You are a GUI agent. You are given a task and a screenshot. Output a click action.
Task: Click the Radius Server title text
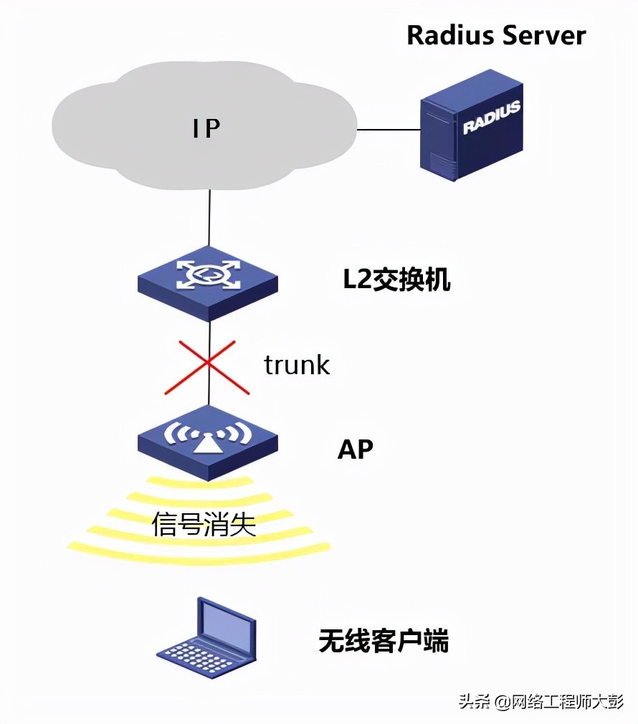(x=496, y=35)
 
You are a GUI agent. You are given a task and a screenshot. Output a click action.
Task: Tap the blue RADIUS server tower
(x=470, y=125)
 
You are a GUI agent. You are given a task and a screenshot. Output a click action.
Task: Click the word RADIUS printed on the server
(x=491, y=118)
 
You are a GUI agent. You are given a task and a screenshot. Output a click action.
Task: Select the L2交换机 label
(x=396, y=280)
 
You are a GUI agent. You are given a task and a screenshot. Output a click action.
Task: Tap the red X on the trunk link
(x=207, y=367)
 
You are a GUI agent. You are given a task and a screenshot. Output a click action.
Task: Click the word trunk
(x=297, y=365)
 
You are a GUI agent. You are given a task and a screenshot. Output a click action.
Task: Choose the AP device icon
(x=208, y=442)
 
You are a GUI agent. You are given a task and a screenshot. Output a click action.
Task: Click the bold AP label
(x=356, y=449)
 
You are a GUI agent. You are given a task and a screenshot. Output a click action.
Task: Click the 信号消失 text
(x=204, y=525)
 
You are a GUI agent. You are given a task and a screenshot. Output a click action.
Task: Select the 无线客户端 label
(x=384, y=640)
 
